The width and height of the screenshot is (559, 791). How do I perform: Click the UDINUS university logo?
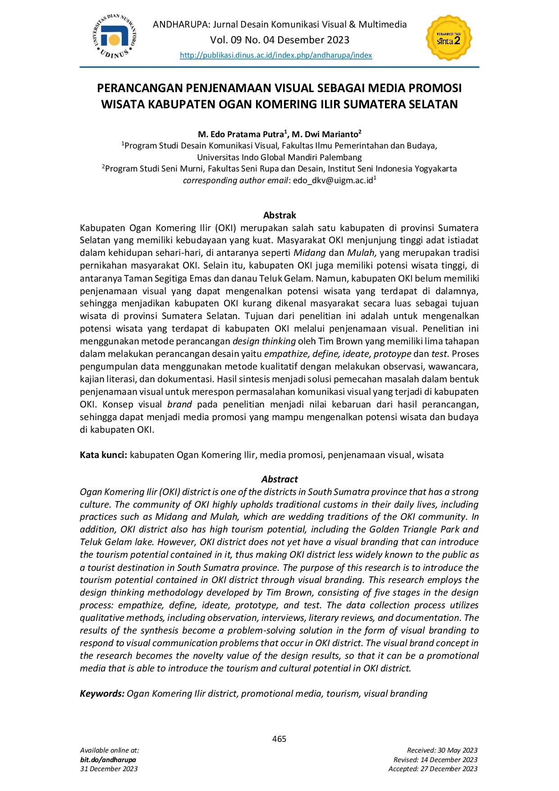click(114, 37)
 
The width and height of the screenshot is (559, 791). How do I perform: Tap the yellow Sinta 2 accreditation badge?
click(449, 38)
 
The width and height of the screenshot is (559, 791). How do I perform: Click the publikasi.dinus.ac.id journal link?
click(276, 56)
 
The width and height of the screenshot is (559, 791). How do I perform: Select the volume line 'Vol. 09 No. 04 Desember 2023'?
click(279, 40)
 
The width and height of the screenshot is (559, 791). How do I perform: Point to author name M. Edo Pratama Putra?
click(241, 134)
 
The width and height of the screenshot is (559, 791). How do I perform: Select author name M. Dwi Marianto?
click(325, 134)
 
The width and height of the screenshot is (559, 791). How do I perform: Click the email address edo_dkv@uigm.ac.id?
click(333, 180)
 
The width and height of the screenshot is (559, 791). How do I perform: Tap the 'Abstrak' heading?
click(279, 215)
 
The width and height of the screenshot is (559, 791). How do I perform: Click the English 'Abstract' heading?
click(279, 479)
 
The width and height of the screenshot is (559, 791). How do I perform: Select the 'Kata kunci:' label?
click(103, 455)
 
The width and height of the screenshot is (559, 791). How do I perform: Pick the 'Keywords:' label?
click(102, 694)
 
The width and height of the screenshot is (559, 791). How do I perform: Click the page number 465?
click(279, 739)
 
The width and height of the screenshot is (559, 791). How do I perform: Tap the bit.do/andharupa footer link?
click(108, 760)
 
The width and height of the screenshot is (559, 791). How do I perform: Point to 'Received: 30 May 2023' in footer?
click(442, 750)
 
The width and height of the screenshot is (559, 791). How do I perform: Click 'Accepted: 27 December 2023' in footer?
click(433, 769)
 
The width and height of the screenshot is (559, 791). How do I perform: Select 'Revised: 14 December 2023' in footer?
click(435, 760)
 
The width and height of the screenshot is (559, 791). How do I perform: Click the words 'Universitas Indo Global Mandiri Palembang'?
click(279, 157)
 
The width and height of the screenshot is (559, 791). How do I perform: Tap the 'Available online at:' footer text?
click(110, 750)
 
